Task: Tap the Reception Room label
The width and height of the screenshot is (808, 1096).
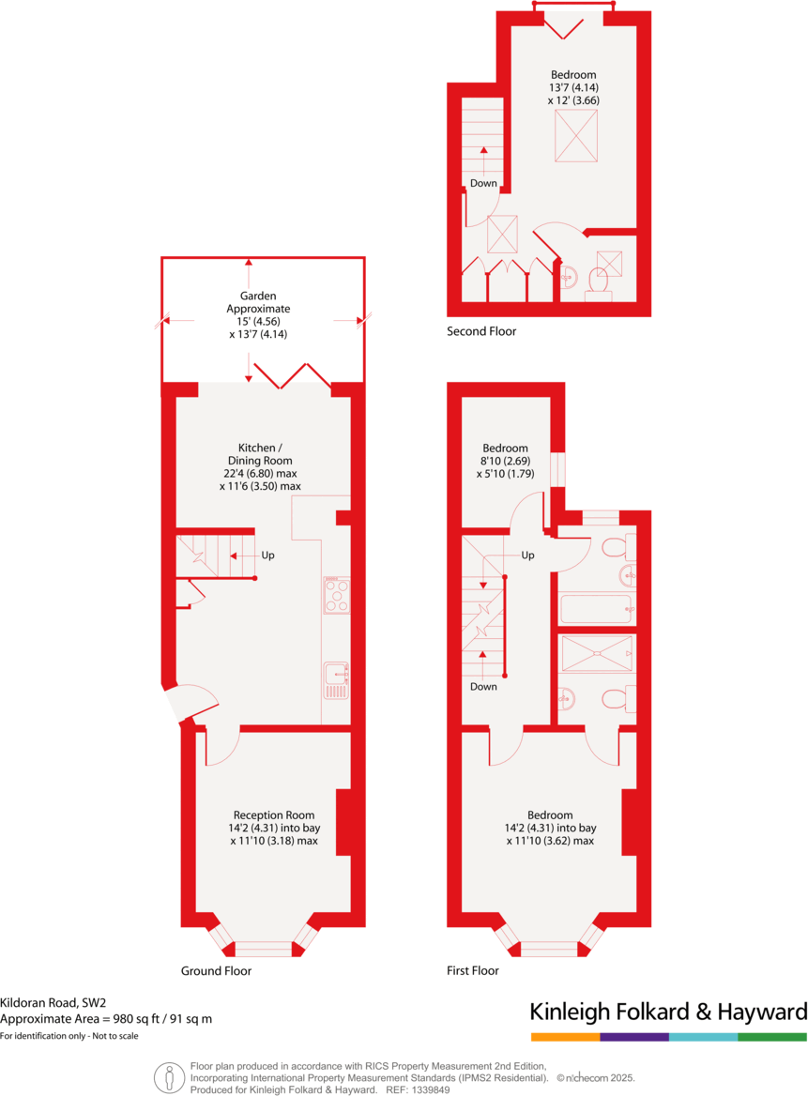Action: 274,828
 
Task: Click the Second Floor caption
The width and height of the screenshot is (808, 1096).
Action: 481,331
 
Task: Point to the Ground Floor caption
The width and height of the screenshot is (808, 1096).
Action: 216,971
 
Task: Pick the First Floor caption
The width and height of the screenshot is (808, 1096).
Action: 473,971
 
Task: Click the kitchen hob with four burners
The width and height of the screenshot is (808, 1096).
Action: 336,595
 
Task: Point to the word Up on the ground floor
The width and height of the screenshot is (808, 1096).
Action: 268,556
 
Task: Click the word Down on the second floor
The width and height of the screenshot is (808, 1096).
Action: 483,183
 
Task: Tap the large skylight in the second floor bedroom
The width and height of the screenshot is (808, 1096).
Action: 575,135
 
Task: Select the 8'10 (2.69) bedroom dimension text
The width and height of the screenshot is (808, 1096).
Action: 505,461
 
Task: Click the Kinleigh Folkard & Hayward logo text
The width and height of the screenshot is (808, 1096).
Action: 668,1012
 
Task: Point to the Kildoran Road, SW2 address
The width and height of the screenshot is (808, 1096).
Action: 53,1002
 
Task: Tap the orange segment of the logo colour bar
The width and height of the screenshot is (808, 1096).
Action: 565,1037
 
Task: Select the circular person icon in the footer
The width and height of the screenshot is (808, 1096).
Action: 169,1077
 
